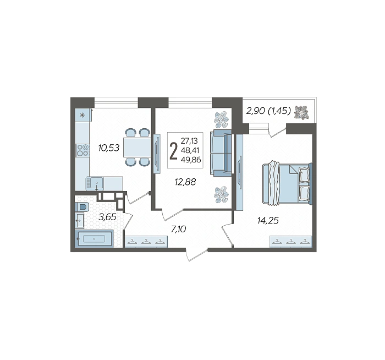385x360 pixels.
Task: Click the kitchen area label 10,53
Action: (x=109, y=148)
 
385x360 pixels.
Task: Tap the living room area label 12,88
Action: (x=185, y=182)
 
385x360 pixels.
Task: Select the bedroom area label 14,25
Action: (x=268, y=221)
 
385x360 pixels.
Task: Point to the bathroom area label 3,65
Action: (x=107, y=217)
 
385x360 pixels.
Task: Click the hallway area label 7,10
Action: (x=179, y=230)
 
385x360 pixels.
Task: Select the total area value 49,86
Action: (x=191, y=160)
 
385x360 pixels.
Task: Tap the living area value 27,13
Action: (x=189, y=141)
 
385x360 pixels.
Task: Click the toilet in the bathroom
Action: (x=82, y=207)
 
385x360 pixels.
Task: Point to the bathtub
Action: (x=94, y=238)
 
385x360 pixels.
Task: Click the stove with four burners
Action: (x=82, y=150)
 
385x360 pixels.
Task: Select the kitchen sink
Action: (x=95, y=183)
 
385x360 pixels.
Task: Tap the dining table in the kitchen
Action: (x=137, y=147)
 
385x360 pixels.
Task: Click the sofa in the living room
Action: (x=221, y=153)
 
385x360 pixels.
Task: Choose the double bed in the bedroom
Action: (x=287, y=183)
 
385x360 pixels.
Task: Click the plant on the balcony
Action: (x=301, y=113)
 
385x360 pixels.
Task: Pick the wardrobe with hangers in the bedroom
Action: (x=291, y=241)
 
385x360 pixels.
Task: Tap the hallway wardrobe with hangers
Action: (x=146, y=241)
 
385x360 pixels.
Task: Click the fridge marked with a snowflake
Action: (x=83, y=115)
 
